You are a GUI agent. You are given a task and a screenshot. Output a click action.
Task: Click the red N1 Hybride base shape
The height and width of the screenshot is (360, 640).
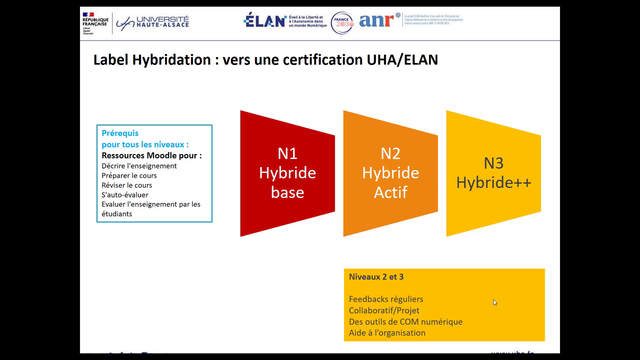287,173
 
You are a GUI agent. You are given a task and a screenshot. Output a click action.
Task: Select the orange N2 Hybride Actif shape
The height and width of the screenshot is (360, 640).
390,173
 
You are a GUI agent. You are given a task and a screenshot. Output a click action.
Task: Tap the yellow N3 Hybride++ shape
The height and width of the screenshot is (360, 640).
493,173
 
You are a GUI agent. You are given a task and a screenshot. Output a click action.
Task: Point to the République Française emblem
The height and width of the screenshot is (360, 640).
95,23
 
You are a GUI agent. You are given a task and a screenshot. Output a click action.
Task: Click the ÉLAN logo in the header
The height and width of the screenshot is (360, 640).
265,20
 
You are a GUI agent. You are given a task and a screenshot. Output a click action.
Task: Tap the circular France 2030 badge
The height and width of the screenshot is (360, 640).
342,23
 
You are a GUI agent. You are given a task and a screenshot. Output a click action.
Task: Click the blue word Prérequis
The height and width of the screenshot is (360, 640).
120,133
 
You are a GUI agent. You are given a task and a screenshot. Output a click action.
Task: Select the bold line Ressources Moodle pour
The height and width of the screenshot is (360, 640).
151,155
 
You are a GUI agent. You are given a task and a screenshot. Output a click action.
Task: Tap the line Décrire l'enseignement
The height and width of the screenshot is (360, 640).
139,166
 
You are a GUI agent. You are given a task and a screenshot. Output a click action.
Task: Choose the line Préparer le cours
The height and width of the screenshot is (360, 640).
129,175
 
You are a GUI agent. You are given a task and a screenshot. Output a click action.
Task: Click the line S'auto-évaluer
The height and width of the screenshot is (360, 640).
125,194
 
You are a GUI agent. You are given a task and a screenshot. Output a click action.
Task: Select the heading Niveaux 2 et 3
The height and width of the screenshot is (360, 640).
376,277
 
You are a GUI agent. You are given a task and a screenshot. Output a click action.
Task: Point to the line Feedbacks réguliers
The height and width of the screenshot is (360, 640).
386,299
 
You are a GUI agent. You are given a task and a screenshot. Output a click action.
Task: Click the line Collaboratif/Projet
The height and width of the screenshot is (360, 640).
384,310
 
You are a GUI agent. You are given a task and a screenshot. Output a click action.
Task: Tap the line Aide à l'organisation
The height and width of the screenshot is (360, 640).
387,333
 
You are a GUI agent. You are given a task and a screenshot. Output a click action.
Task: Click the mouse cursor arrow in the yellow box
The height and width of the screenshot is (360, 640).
495,302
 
